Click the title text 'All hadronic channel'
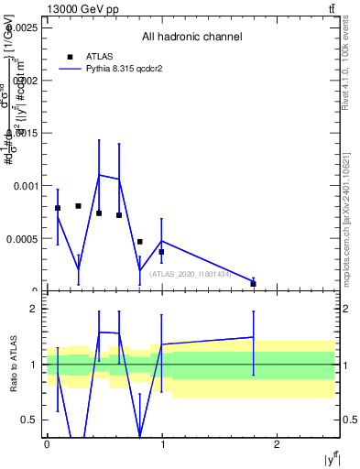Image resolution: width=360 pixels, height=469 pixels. (191, 38)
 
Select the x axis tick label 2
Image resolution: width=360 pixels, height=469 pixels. (278, 444)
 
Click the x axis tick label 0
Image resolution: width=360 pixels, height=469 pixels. (47, 444)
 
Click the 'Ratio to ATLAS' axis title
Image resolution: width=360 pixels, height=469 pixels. (14, 365)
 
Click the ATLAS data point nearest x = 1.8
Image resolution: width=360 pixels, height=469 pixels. (253, 283)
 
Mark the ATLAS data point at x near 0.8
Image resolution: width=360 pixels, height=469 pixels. (139, 242)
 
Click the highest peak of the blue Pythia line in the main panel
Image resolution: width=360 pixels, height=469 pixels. (100, 174)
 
